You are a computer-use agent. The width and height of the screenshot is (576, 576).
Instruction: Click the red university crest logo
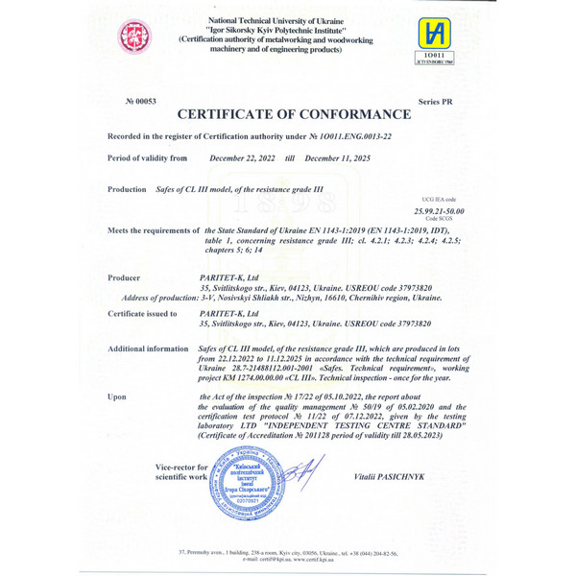pyautogui.click(x=134, y=37)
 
